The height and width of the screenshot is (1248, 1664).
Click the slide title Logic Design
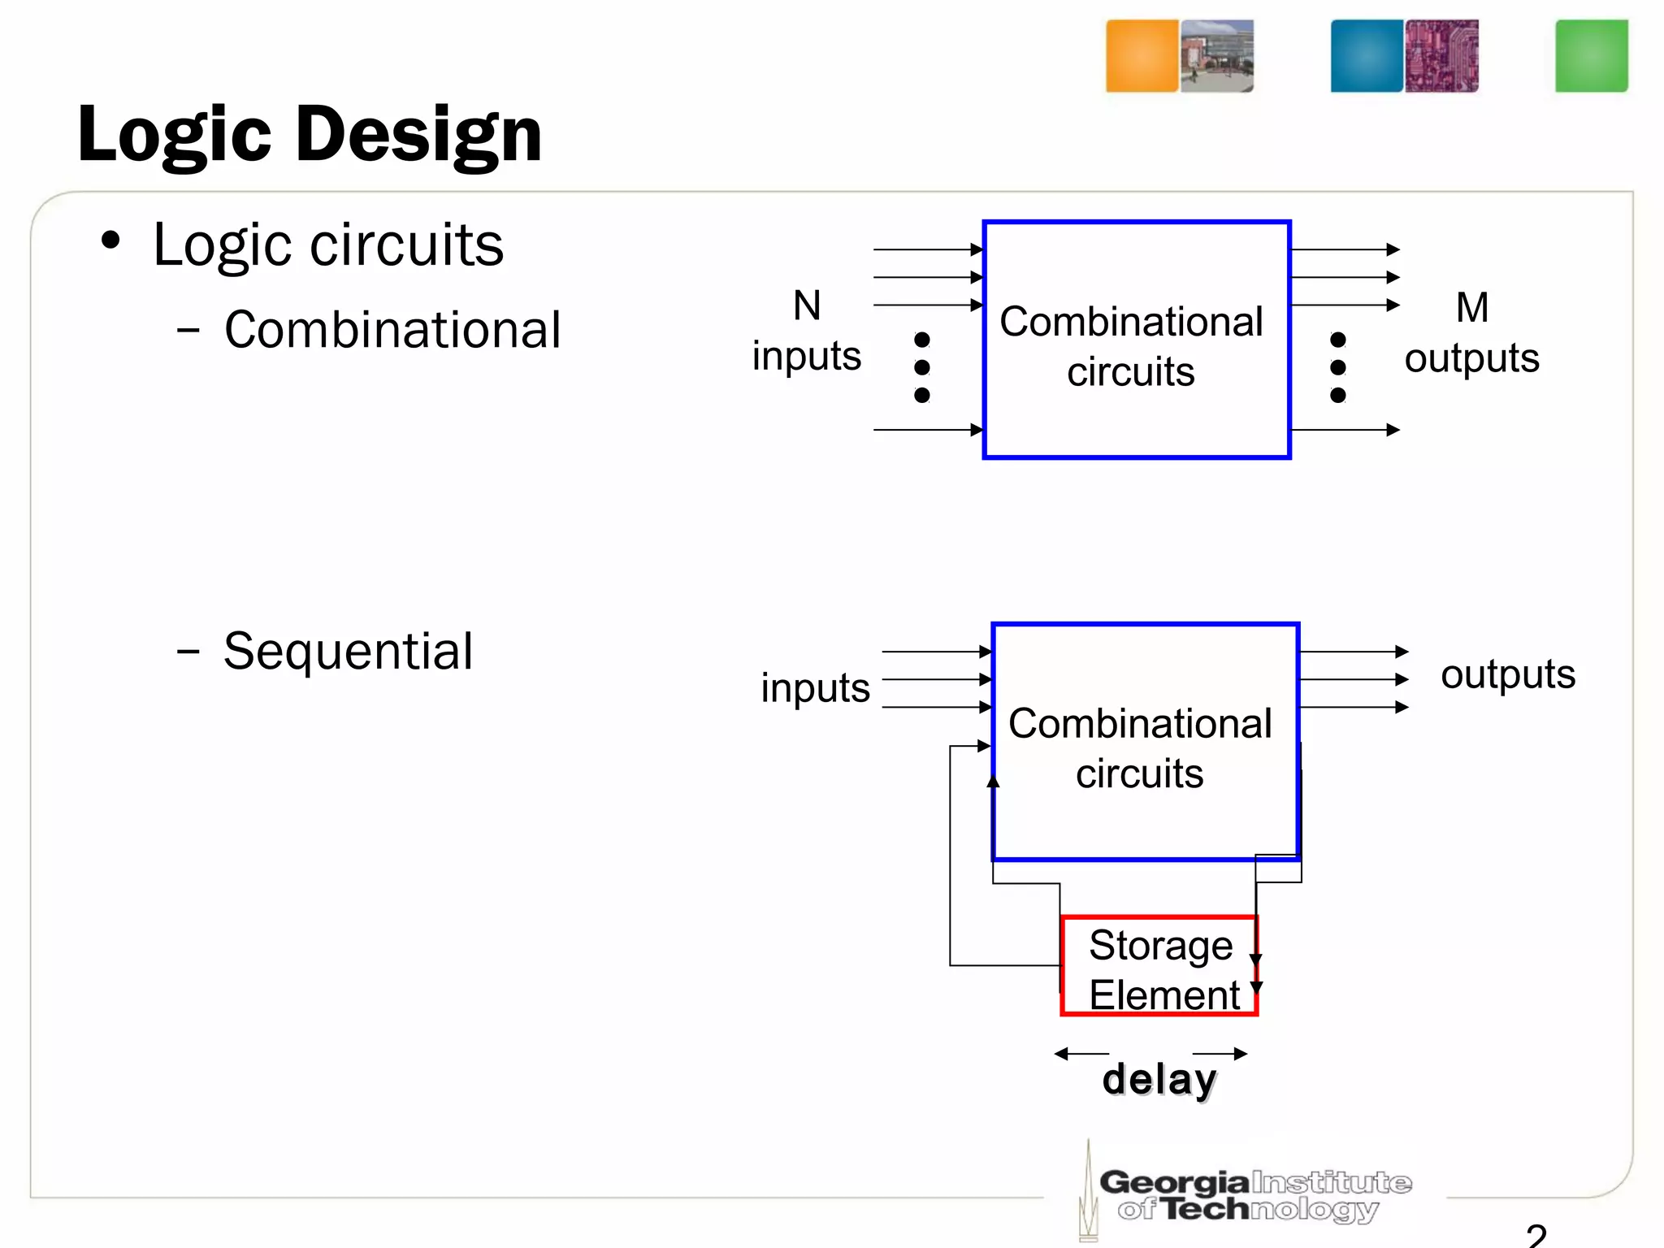click(310, 135)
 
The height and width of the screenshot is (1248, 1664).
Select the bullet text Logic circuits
click(328, 245)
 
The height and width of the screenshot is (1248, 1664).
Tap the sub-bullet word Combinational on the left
click(392, 330)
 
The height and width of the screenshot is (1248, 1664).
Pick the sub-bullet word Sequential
click(348, 652)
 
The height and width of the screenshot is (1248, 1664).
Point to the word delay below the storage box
click(1159, 1080)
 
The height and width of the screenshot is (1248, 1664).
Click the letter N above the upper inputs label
click(807, 306)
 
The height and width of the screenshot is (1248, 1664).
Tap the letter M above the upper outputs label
click(1471, 308)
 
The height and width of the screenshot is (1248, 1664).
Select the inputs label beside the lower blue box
click(815, 688)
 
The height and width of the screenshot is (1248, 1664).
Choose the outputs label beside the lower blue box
click(1507, 674)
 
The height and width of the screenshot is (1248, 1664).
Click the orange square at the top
click(1142, 56)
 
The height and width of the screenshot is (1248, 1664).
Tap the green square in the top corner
click(1591, 56)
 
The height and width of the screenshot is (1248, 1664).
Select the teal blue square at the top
click(1367, 56)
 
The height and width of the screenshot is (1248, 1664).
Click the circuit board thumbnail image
click(1442, 56)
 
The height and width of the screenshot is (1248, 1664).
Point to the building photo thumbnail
click(1217, 56)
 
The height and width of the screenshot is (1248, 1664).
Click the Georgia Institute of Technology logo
click(1251, 1194)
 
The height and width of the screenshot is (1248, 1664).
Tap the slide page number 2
click(1536, 1236)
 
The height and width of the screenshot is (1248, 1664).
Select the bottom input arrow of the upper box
click(928, 430)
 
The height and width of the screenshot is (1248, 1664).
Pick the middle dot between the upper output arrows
click(1338, 367)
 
